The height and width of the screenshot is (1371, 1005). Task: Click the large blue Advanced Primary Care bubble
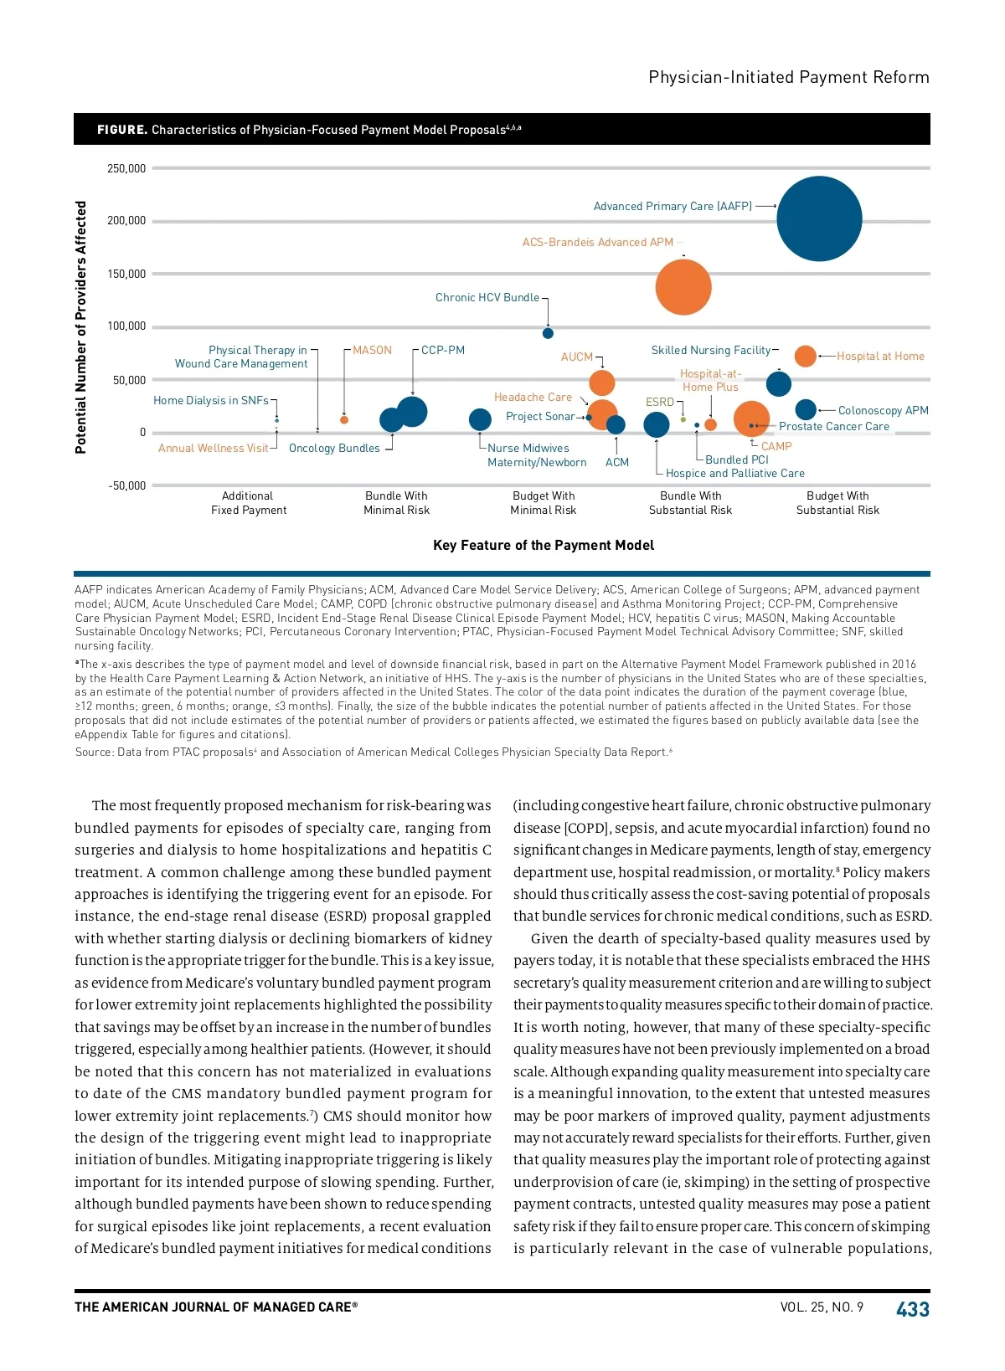pos(819,218)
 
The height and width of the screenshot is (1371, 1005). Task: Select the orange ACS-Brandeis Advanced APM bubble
pos(683,287)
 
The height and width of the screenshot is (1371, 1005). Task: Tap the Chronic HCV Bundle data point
pos(548,333)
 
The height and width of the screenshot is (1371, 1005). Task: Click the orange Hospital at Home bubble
pos(805,356)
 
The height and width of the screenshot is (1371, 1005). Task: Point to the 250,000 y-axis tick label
pos(126,168)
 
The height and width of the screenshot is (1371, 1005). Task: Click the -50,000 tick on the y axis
pos(126,485)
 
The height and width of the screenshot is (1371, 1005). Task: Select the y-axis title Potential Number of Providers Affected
pos(81,327)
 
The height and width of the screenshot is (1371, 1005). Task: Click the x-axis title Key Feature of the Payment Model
pos(544,545)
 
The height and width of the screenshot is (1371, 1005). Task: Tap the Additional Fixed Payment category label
pos(249,503)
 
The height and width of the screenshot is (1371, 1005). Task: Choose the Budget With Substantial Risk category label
pos(837,503)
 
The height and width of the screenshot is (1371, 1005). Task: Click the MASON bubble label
pos(372,350)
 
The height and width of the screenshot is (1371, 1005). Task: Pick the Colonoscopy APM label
pos(883,410)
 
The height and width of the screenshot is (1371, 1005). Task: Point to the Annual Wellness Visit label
pos(214,448)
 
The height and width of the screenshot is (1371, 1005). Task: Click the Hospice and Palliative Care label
pos(734,473)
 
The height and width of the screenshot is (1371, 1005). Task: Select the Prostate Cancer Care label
pos(834,426)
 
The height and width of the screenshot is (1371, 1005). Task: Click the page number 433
pos(912,1309)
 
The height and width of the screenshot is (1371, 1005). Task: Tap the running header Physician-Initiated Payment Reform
pos(788,77)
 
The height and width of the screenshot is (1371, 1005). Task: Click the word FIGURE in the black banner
pos(122,130)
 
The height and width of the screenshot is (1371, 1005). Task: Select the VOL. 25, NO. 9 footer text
pos(821,1307)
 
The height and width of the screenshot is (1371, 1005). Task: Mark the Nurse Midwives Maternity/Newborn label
pos(536,455)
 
